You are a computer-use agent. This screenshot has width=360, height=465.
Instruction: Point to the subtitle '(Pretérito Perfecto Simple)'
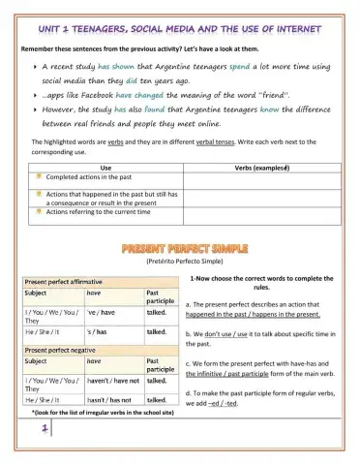179,263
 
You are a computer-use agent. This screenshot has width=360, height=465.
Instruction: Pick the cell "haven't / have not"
112,382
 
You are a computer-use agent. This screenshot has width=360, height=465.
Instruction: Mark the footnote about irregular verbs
104,412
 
